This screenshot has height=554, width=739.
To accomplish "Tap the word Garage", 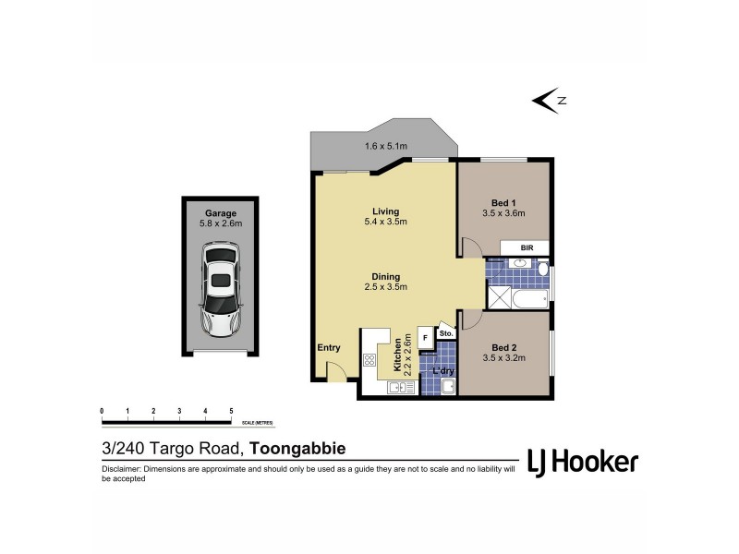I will (220, 211).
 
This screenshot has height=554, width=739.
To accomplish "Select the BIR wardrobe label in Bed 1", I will (527, 248).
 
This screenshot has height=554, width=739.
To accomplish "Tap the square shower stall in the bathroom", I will (500, 297).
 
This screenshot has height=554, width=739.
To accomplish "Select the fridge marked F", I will (425, 338).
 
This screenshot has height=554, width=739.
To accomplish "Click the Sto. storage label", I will (444, 333).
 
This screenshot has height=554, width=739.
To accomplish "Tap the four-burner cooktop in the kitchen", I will (369, 359).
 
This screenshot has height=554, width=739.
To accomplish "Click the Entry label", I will (329, 348).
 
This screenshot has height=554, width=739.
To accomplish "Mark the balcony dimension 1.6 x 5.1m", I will (385, 147).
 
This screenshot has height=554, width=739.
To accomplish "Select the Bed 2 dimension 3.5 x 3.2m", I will (503, 357).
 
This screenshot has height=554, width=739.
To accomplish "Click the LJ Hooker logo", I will (582, 462).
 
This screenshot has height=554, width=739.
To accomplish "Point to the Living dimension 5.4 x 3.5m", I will (385, 222).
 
